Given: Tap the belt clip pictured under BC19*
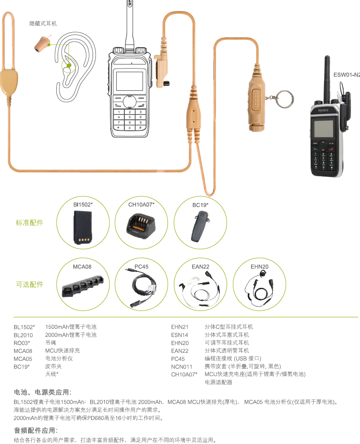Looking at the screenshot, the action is tap(200, 227).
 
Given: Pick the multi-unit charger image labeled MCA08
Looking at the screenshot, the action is tap(83, 286).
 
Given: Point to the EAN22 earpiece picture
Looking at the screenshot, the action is tap(199, 289).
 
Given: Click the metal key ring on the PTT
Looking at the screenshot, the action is tap(285, 99).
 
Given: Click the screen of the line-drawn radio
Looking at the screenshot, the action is tap(130, 81).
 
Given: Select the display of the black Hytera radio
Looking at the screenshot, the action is tap(323, 129).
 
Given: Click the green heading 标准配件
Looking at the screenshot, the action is tap(30, 222).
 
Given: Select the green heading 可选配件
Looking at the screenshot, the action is tap(30, 284).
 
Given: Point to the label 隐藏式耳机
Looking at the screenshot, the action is tap(43, 24).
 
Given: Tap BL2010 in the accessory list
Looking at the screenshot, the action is tap(23, 335).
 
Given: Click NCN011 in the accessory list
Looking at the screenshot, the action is tap(182, 367).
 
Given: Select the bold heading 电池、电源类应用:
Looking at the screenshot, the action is tap(43, 392).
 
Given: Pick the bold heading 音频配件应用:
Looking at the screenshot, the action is tap(36, 431).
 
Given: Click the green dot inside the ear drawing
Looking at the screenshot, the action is tap(69, 66).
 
